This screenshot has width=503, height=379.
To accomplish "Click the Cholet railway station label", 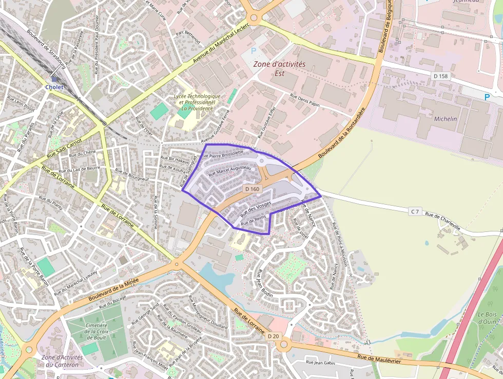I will (54, 87).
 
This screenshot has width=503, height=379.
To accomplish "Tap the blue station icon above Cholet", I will (54, 79).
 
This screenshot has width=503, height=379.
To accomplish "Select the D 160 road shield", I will (253, 189).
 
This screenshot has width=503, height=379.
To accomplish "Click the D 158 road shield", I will (440, 76).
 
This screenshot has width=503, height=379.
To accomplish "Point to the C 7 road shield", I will (415, 211).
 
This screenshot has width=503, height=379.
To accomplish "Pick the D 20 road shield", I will (273, 336).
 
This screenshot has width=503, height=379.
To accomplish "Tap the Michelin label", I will (445, 118).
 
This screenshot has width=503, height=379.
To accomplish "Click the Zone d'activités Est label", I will (280, 68).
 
